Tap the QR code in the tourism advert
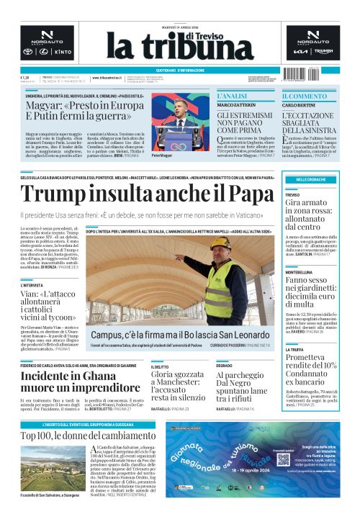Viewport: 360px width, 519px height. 283,459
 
